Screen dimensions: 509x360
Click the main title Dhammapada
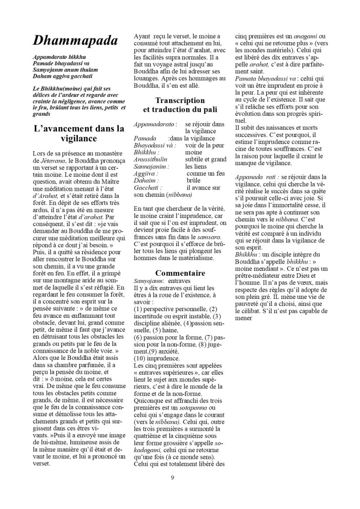[x=75, y=40]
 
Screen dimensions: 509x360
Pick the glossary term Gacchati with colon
[x=149, y=188]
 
